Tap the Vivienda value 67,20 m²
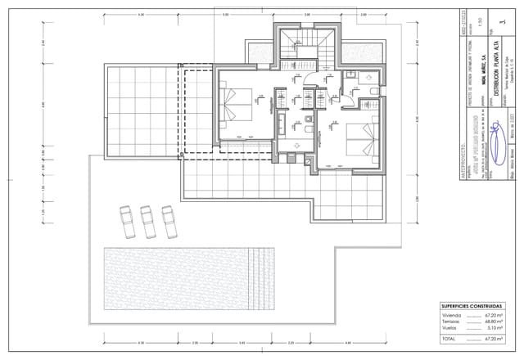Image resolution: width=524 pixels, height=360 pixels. click(x=493, y=314)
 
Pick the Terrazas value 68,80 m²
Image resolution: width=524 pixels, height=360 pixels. click(x=493, y=322)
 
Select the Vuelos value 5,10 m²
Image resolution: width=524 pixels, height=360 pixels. click(x=495, y=329)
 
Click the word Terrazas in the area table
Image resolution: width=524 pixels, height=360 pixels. click(x=452, y=322)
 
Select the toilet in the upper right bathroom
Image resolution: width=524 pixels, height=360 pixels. click(x=371, y=90)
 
